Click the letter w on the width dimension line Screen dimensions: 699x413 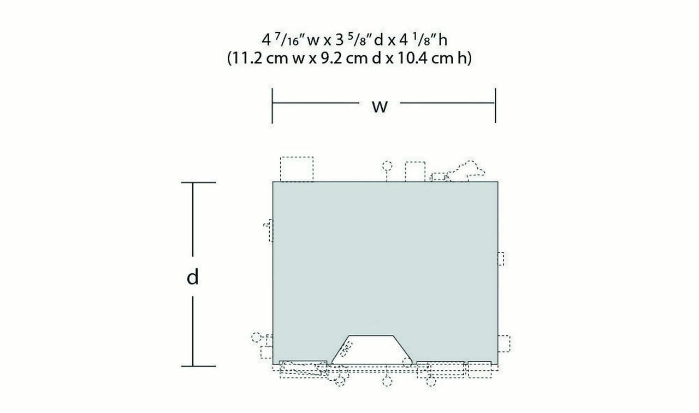pos(380,107)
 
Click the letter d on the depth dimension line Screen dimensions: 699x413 pos(193,276)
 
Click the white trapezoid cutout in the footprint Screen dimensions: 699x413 pos(372,350)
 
